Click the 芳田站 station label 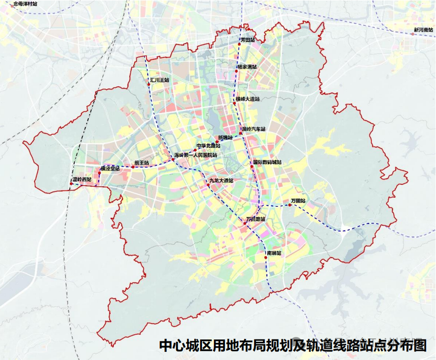tap(247, 40)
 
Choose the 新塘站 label tap(224, 138)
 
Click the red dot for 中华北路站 tap(195, 150)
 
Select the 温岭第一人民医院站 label tap(195, 155)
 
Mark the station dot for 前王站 tap(133, 167)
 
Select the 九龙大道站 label tap(221, 180)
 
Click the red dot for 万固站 tap(290, 205)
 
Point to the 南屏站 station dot tap(265, 258)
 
